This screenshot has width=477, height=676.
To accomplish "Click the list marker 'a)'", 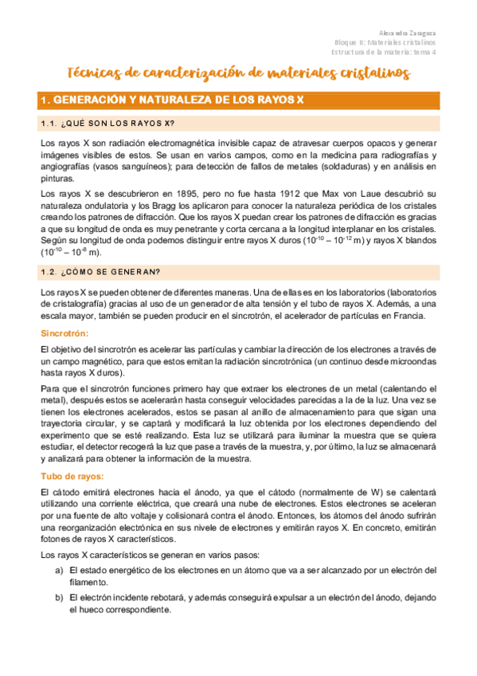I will (59, 571).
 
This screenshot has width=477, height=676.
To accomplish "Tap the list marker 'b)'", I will (59, 598).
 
